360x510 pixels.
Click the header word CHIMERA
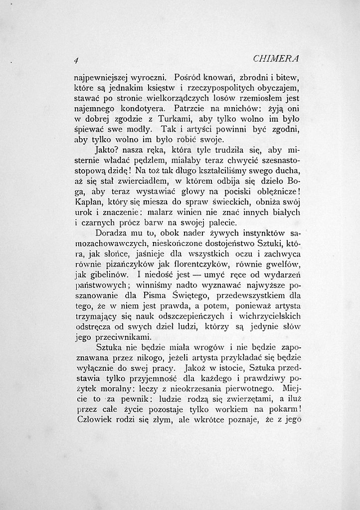276,59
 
